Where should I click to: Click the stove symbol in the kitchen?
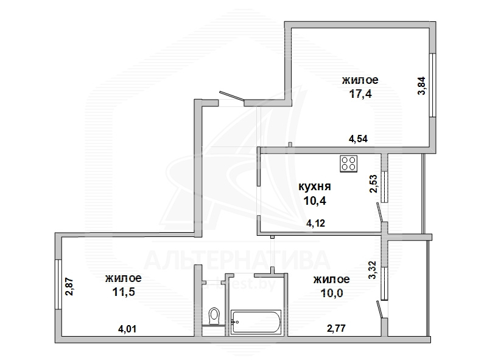(349, 162)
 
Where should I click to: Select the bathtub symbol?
(256, 318)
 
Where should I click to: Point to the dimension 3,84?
(421, 86)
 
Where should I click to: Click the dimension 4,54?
(359, 139)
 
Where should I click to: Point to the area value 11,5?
(123, 292)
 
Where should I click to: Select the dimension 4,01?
(127, 329)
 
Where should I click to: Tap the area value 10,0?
(331, 294)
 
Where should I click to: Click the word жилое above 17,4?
(360, 80)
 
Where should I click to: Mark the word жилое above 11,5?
(123, 278)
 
